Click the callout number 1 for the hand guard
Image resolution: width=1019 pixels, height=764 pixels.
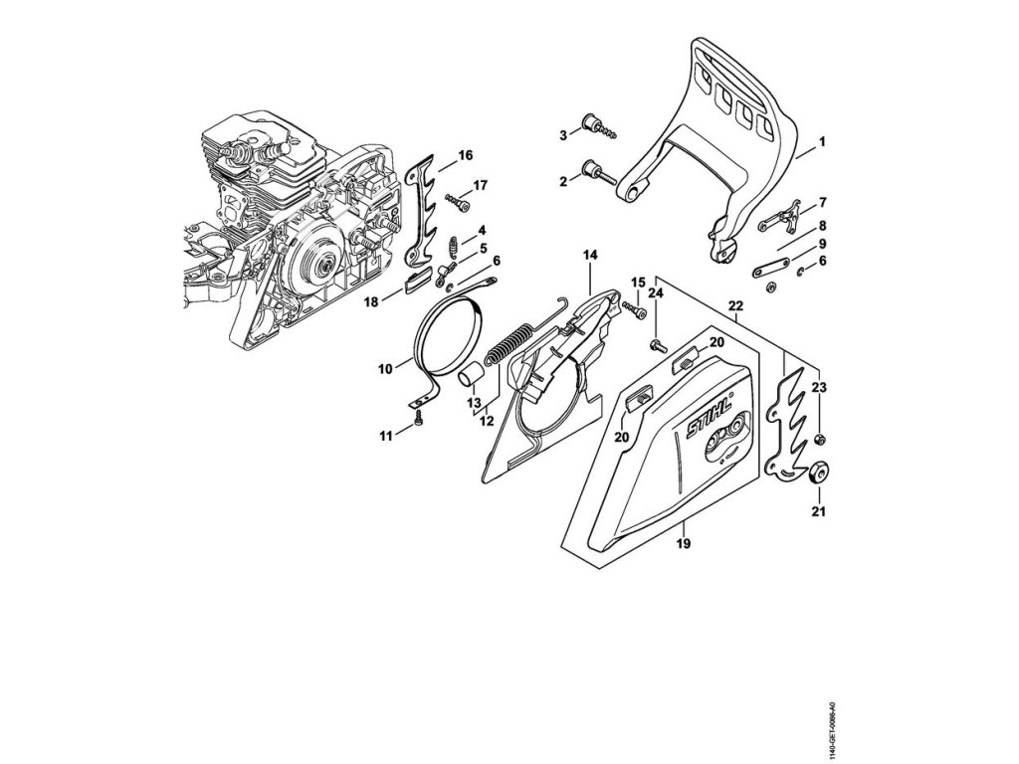coord(823,143)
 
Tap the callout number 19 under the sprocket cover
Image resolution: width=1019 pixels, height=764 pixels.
coord(683,543)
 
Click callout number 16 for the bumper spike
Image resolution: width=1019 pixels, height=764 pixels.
coord(465,155)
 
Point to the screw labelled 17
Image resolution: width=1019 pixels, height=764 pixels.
coord(459,202)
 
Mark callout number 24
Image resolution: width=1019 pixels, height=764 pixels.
coord(656,293)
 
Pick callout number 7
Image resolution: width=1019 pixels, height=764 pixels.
coord(823,203)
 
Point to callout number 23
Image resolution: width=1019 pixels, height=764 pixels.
coord(818,387)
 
